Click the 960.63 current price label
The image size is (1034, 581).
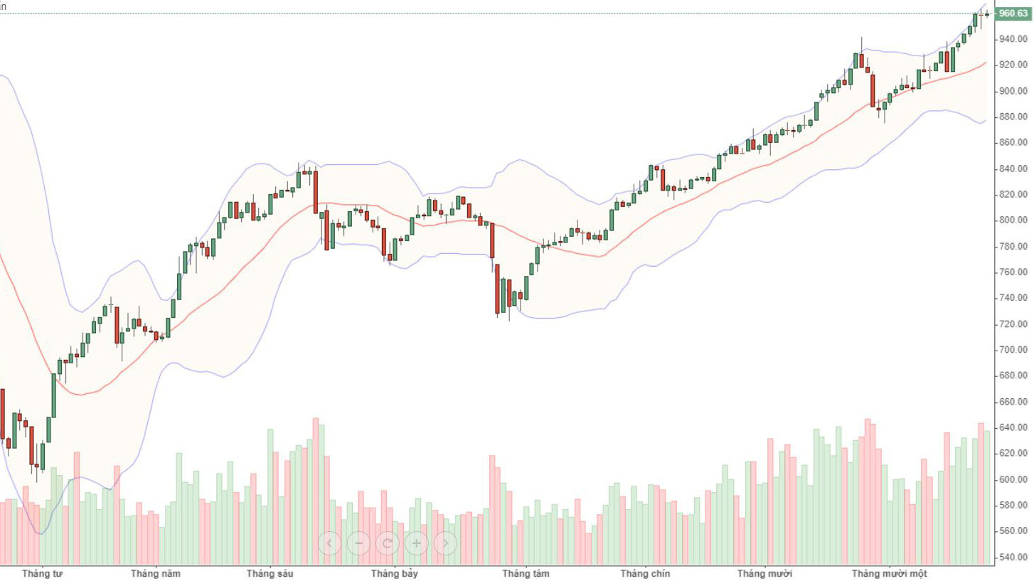click(x=1013, y=13)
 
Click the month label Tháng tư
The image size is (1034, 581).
click(x=42, y=573)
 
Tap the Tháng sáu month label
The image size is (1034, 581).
click(x=270, y=573)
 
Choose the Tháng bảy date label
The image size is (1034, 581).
click(x=395, y=573)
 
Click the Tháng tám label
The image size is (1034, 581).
click(x=526, y=573)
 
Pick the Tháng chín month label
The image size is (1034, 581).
click(x=645, y=573)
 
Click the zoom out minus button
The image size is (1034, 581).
click(x=358, y=543)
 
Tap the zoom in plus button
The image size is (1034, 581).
click(x=417, y=543)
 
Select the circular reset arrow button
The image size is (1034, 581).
click(x=388, y=543)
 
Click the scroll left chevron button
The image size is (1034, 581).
click(x=329, y=543)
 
